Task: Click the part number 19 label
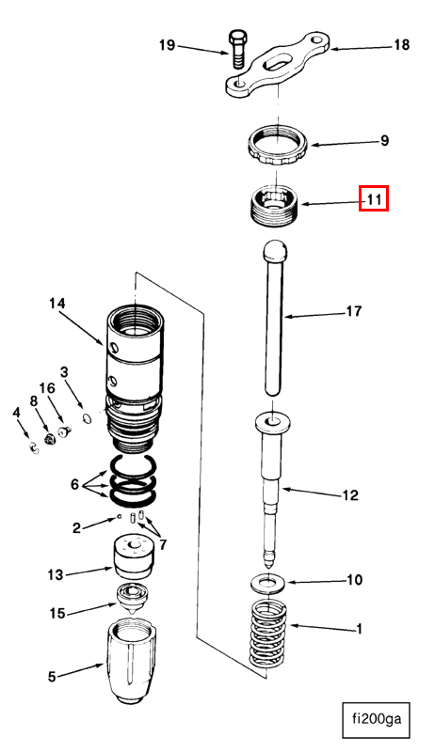(x=167, y=45)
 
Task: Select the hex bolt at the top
(x=237, y=50)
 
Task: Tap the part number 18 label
(x=401, y=44)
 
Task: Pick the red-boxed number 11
(x=374, y=198)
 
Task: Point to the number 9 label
(x=384, y=141)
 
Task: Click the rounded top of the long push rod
(x=275, y=249)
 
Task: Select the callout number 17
(x=354, y=311)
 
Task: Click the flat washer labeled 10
(x=267, y=584)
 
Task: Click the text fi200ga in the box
(x=377, y=719)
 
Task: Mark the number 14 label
(x=57, y=304)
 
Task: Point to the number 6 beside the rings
(x=74, y=484)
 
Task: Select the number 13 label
(x=56, y=574)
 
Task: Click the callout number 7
(x=163, y=545)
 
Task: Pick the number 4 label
(x=17, y=412)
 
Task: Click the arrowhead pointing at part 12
(x=283, y=489)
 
